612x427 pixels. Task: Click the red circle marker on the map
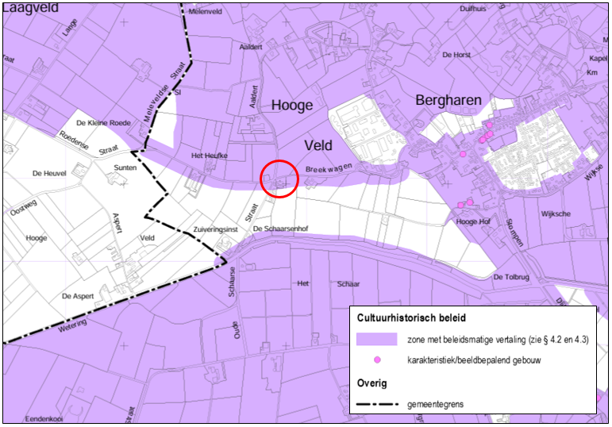click(x=279, y=179)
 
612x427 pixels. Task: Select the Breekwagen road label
click(x=329, y=169)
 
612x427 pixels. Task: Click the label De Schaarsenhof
click(x=279, y=229)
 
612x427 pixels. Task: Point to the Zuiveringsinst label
click(x=217, y=229)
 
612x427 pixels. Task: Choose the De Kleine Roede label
click(x=103, y=124)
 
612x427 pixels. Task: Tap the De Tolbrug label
click(x=510, y=277)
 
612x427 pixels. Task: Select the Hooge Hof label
click(x=472, y=222)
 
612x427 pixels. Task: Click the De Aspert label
click(x=78, y=296)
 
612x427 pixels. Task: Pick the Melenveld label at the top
click(x=205, y=12)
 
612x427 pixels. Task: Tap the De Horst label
click(x=456, y=55)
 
